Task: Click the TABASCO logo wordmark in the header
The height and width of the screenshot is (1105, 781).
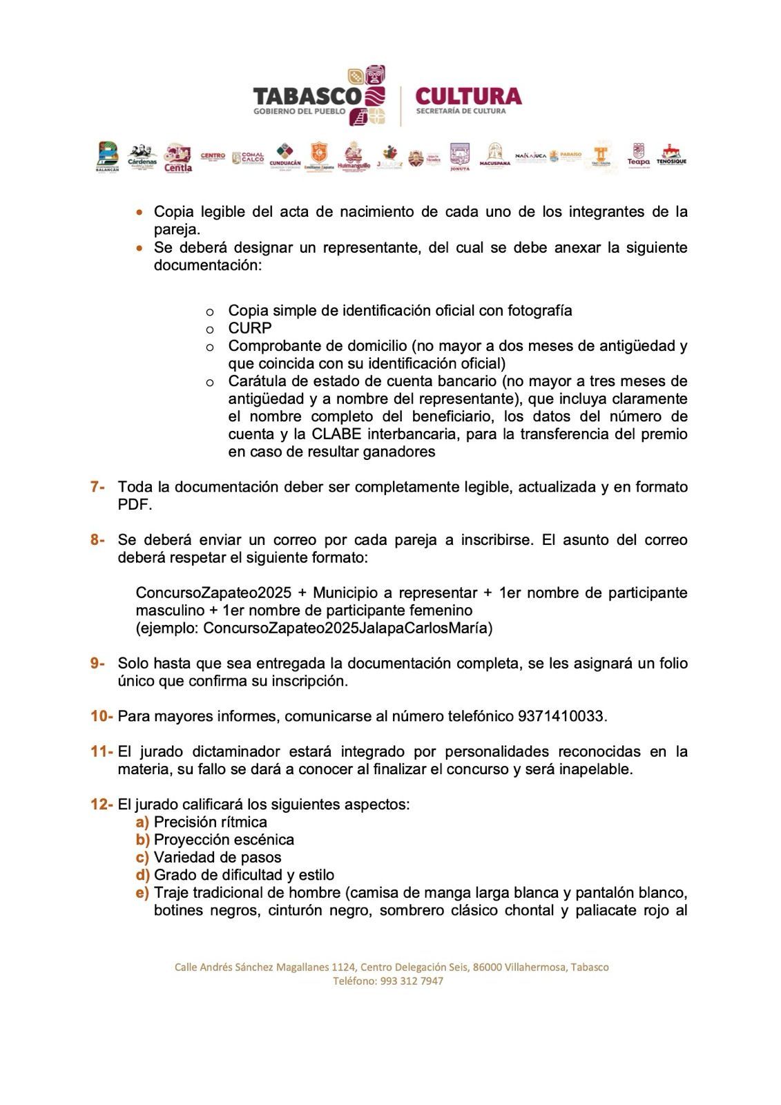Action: (307, 97)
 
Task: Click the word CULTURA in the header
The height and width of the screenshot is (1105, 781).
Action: (469, 95)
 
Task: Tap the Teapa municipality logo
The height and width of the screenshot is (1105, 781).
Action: (638, 155)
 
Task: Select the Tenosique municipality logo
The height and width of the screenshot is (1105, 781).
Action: (671, 155)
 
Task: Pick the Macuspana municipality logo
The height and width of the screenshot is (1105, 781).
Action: (494, 155)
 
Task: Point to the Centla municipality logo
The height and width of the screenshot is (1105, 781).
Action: (177, 158)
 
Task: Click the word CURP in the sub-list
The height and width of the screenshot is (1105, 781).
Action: (250, 328)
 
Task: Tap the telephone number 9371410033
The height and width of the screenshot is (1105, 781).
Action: (561, 716)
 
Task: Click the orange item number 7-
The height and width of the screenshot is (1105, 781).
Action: (97, 487)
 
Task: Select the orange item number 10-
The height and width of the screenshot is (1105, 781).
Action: (102, 716)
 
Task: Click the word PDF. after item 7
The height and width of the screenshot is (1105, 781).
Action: (135, 505)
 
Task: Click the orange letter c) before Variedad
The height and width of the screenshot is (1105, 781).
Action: (142, 857)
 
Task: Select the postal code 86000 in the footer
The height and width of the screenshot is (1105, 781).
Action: (487, 967)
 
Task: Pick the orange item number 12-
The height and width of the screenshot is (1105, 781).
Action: (102, 805)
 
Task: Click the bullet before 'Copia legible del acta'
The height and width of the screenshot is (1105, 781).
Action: (140, 212)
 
